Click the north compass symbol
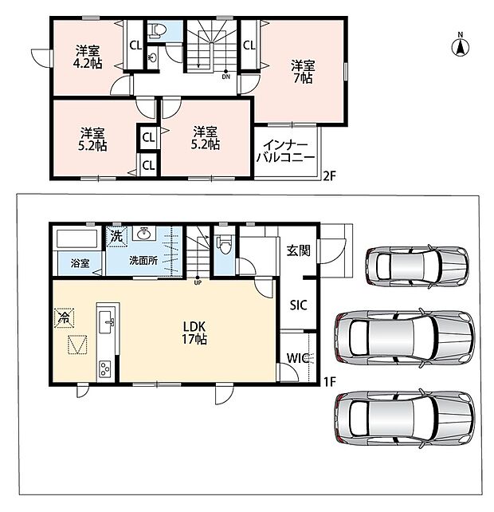[461, 45]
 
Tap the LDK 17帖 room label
[194, 333]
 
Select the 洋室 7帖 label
[303, 72]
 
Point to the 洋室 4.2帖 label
[88, 57]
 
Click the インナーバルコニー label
[286, 152]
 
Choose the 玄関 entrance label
[298, 250]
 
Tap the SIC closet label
[299, 305]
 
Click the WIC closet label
[297, 358]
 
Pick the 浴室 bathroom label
[80, 263]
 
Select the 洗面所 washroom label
[143, 261]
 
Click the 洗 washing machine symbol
[116, 236]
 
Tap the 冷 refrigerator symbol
[65, 317]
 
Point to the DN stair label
[225, 77]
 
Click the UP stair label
[198, 283]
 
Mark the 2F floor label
[329, 176]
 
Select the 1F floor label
[330, 381]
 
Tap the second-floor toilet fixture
[158, 30]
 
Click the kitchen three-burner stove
[104, 369]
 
